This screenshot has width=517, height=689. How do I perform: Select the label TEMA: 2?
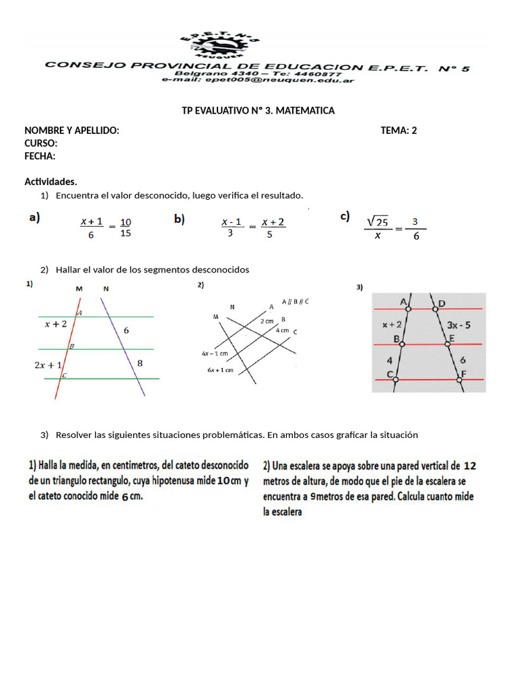pos(399,131)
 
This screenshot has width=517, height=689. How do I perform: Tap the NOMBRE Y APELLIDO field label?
pos(72,131)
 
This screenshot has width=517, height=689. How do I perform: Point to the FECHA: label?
pos(40,156)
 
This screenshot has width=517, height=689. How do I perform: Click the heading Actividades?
pos(50,182)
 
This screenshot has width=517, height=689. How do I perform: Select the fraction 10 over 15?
pos(125,227)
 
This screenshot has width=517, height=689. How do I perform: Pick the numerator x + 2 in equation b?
pos(273,221)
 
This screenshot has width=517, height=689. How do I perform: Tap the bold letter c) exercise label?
pos(345,216)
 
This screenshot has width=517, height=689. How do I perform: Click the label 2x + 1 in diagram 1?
pos(48,365)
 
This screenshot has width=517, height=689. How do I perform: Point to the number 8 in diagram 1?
pos(140,363)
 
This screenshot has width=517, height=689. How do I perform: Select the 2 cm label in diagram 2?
pos(267,322)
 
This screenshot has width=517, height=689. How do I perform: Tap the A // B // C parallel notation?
pos(296,301)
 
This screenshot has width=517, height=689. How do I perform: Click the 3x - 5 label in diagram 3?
pos(458,324)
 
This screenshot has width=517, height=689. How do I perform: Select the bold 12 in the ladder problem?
pos(470,465)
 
